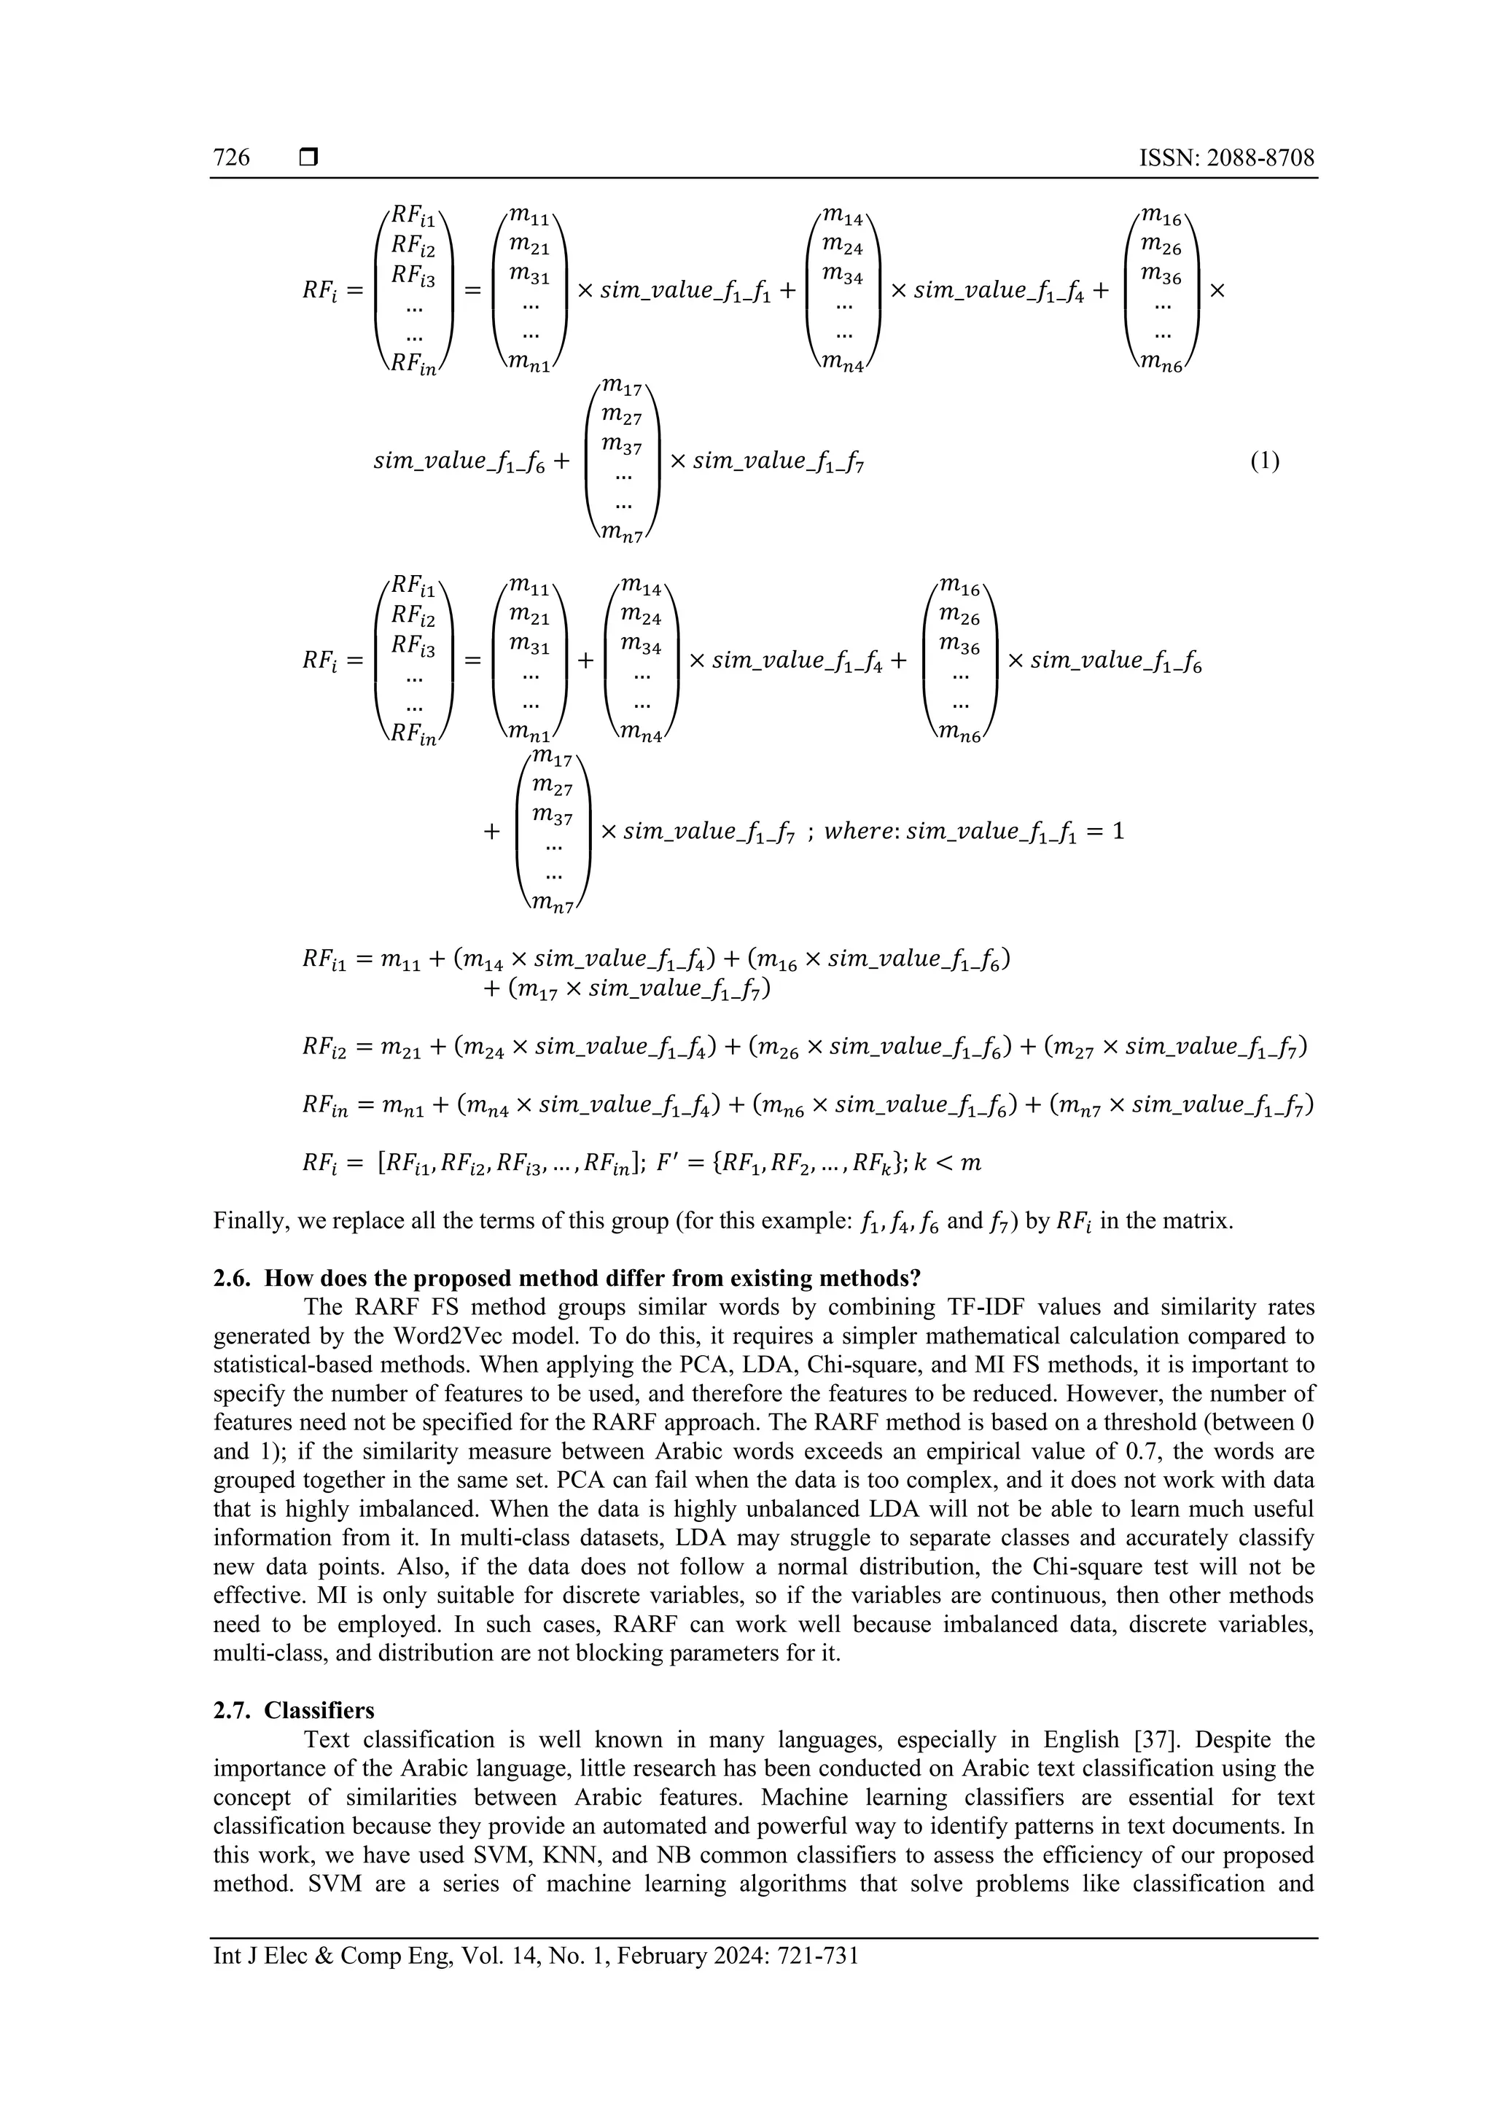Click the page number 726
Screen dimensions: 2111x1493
click(232, 158)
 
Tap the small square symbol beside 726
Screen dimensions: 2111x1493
click(308, 158)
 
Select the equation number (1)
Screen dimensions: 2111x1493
click(1264, 461)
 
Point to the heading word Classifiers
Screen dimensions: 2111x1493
click(320, 1710)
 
